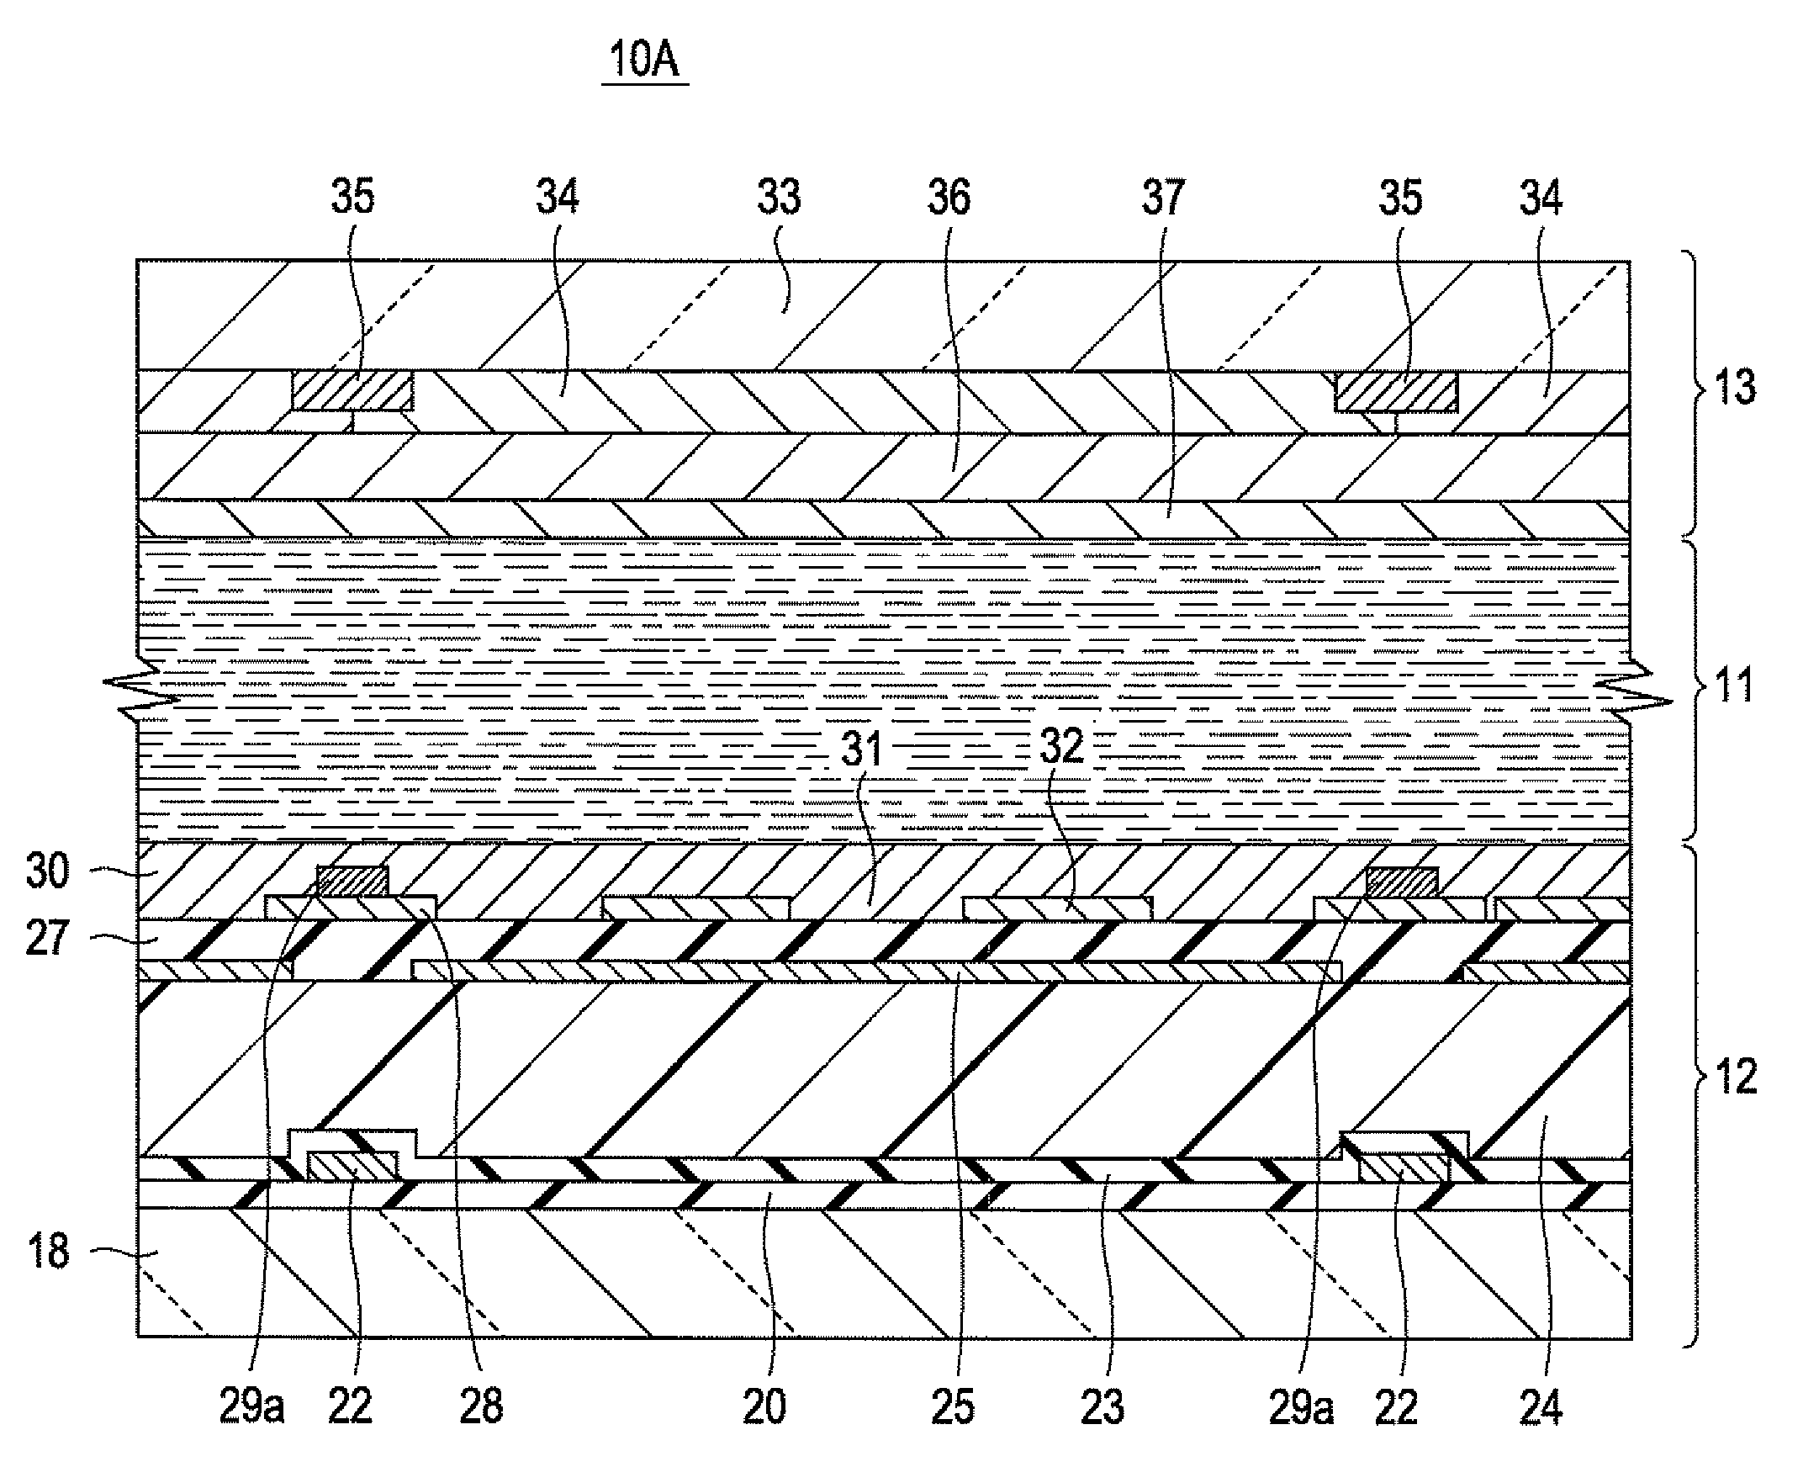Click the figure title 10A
click(644, 60)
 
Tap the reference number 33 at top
click(778, 197)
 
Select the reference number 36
click(949, 197)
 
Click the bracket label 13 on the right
click(1736, 387)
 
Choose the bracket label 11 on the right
click(1734, 685)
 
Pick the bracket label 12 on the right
click(1736, 1077)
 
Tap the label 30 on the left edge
click(47, 871)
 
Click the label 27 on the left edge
click(47, 939)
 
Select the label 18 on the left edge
click(47, 1251)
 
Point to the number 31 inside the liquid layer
click(861, 749)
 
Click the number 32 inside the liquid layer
click(1061, 746)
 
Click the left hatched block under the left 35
click(352, 391)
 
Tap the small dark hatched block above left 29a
click(353, 882)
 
